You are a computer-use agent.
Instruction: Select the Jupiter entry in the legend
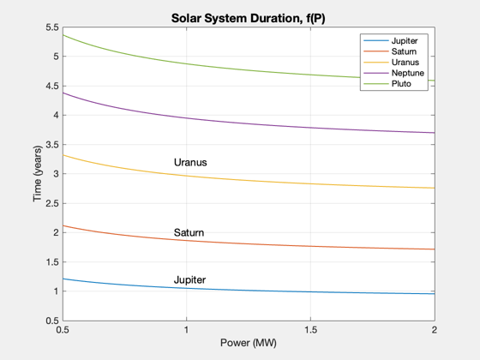(405, 41)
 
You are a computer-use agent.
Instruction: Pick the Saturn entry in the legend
(404, 51)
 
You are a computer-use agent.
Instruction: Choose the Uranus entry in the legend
(405, 62)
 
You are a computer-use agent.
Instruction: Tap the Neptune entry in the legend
(408, 73)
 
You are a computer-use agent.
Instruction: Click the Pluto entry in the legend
(401, 84)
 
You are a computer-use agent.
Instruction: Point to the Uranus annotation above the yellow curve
(190, 162)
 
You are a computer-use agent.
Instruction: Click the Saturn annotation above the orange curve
(189, 232)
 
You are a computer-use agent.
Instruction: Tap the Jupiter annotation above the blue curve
(189, 279)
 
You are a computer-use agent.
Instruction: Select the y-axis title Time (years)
(38, 173)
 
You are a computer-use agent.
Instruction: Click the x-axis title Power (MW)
(249, 343)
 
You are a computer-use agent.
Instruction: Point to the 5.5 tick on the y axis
(52, 27)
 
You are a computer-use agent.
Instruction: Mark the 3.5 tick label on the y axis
(52, 145)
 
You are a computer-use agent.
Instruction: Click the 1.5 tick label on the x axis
(310, 330)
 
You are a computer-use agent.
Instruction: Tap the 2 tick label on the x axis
(435, 330)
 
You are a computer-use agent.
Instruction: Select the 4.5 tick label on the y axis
(52, 86)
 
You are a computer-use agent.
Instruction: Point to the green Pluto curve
(248, 69)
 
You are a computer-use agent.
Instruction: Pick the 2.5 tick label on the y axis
(52, 203)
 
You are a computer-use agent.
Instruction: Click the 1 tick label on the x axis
(187, 330)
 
